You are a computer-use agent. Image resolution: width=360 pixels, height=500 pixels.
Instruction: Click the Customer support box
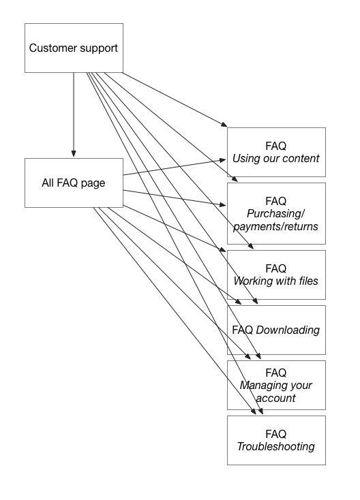[74, 48]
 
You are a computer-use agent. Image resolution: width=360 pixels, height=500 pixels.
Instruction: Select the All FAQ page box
[74, 183]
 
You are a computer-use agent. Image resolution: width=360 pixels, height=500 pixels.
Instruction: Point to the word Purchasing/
[275, 214]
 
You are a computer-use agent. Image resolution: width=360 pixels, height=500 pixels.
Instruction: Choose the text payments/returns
[275, 226]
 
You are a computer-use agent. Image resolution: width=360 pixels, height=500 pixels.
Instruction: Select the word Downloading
[288, 330]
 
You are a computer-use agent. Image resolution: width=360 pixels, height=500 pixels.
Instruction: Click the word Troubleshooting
[275, 446]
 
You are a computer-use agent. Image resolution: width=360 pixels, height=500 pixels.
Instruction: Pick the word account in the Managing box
[275, 397]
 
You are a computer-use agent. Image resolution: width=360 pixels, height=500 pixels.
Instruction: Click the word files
[305, 281]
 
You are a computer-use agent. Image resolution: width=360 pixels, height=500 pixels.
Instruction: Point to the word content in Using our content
[301, 159]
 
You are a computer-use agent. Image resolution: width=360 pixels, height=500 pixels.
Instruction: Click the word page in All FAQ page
[91, 183]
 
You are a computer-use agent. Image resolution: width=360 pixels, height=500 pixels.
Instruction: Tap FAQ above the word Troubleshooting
[275, 434]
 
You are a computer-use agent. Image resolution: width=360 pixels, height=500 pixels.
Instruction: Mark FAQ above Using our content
[275, 146]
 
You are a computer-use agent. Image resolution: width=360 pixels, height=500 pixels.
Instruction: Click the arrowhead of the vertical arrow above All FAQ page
[74, 153]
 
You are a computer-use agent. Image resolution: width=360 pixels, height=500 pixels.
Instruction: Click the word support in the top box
[97, 48]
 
